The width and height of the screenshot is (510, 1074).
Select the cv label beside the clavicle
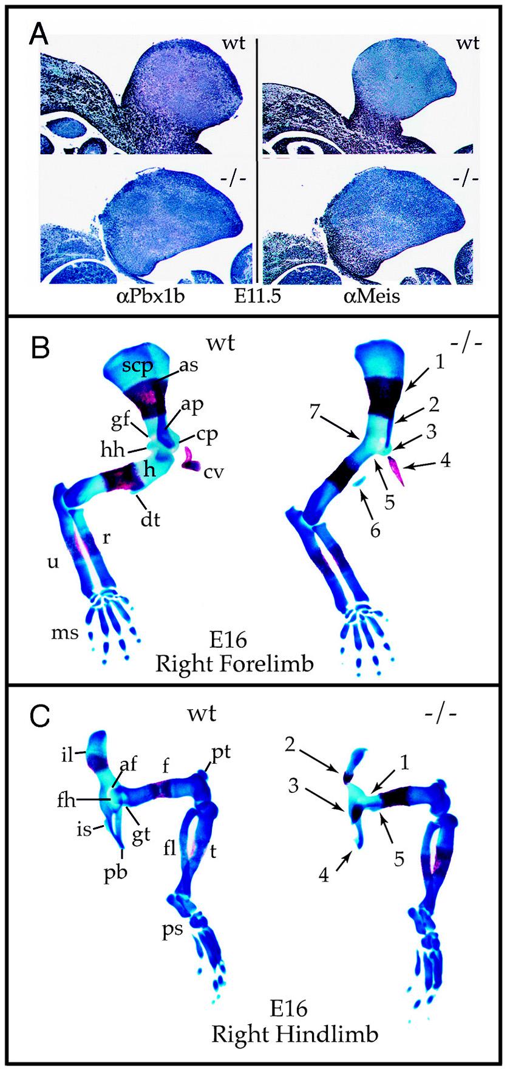point(214,471)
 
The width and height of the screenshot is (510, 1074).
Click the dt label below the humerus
point(151,519)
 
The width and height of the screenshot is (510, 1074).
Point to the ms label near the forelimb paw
point(65,633)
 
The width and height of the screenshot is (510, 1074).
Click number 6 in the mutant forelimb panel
point(376,531)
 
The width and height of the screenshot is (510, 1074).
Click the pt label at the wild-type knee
point(220,753)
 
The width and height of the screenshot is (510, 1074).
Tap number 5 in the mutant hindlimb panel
point(399,860)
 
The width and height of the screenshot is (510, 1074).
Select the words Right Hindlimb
point(294,1033)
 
